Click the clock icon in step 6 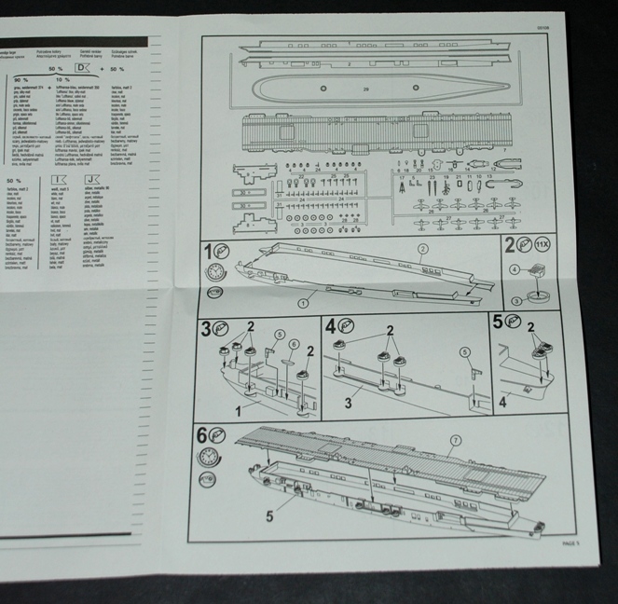210,458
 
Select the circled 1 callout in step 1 303,303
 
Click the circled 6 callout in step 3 293,344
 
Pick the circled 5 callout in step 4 463,352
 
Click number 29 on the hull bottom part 366,89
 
